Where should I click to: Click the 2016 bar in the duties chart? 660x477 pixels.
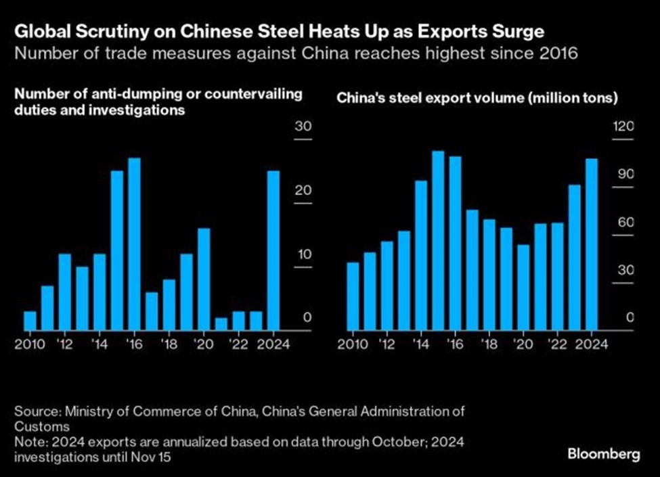(x=134, y=244)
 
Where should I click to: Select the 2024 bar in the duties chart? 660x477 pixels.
(x=273, y=250)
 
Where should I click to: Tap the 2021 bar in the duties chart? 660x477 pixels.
(x=221, y=324)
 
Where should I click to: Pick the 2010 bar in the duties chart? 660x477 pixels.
(x=30, y=321)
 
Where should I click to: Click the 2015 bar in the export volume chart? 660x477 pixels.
(x=438, y=240)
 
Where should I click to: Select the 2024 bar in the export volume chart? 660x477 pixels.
(x=592, y=244)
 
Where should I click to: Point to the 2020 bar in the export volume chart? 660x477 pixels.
(x=523, y=288)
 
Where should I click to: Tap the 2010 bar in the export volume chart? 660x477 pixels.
(x=353, y=296)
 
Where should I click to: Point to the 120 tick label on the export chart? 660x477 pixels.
(x=623, y=127)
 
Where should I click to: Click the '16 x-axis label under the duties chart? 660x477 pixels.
(x=134, y=344)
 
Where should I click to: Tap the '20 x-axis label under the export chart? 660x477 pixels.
(x=523, y=344)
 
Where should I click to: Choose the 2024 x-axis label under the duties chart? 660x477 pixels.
(x=273, y=344)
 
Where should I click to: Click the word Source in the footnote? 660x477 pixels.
(x=35, y=411)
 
